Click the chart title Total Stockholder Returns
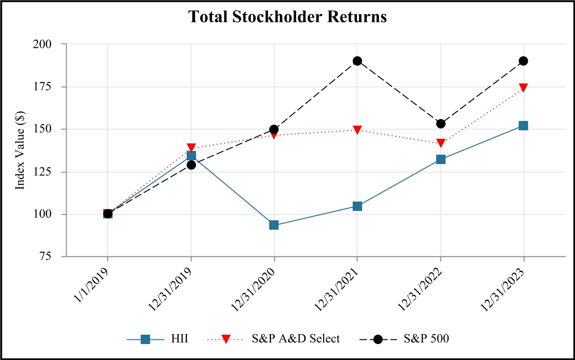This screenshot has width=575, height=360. pyautogui.click(x=287, y=17)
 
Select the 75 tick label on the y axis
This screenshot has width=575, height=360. pyautogui.click(x=53, y=256)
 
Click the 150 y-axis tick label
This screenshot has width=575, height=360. pyautogui.click(x=50, y=129)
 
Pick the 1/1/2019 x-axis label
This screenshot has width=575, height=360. pyautogui.click(x=93, y=281)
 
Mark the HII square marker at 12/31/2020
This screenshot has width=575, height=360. pyautogui.click(x=274, y=225)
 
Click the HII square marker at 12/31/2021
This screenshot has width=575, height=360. pyautogui.click(x=357, y=206)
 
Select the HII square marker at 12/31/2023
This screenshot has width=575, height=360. pyautogui.click(x=523, y=126)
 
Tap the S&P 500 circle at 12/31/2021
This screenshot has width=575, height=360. pyautogui.click(x=357, y=61)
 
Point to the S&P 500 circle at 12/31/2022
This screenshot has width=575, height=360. pyautogui.click(x=440, y=124)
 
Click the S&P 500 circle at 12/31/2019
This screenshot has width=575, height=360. pyautogui.click(x=191, y=165)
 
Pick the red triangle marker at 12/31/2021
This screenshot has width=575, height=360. pyautogui.click(x=357, y=130)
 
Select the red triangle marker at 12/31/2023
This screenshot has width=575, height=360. pyautogui.click(x=523, y=88)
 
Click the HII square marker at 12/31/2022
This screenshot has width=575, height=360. pyautogui.click(x=440, y=159)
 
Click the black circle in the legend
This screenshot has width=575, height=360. pyautogui.click(x=378, y=338)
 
